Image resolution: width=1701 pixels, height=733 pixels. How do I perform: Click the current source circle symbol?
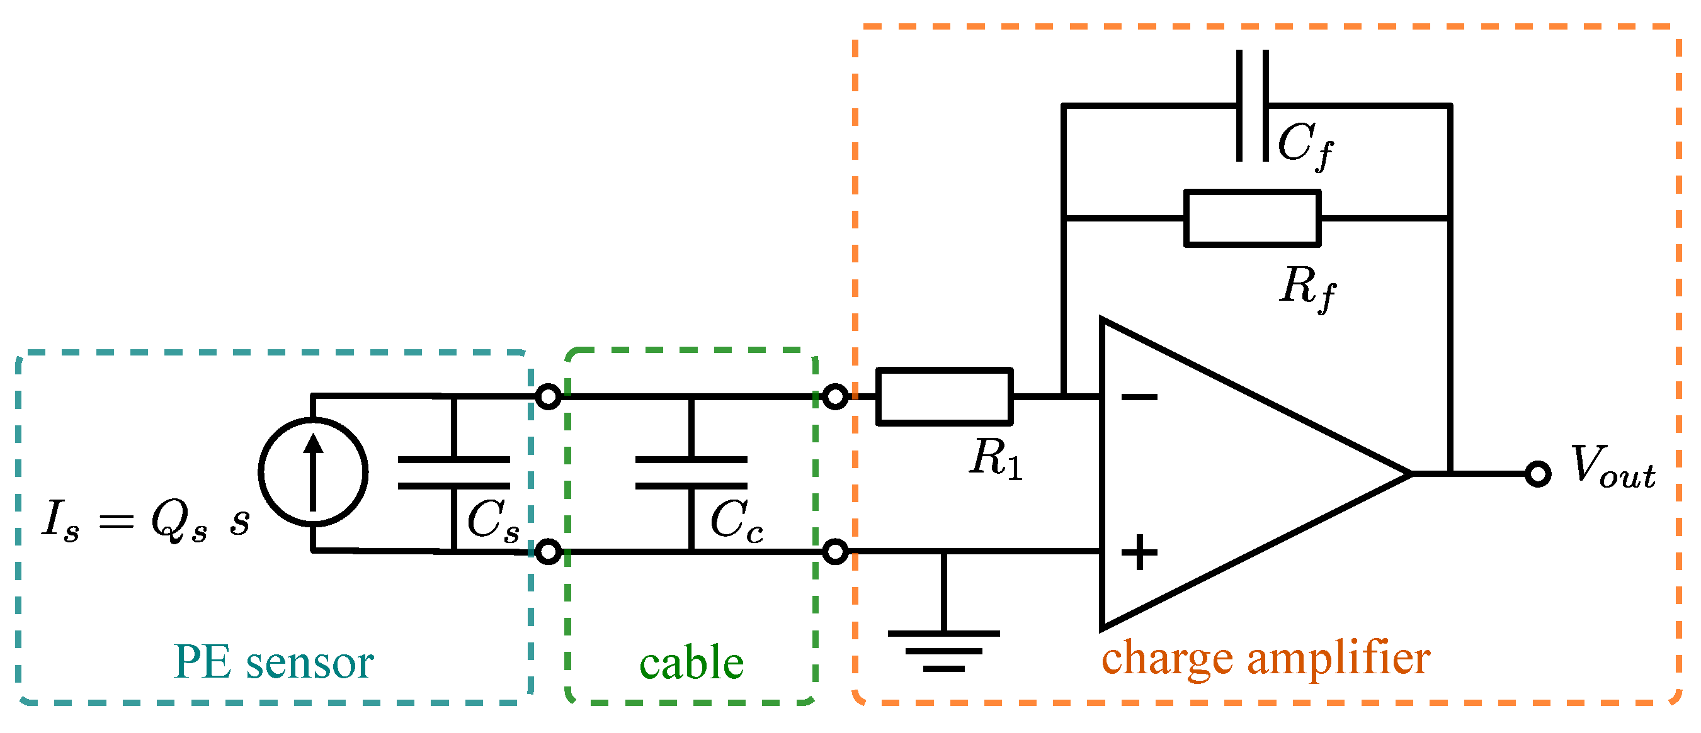[313, 473]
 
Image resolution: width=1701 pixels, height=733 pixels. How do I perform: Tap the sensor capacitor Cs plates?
[453, 473]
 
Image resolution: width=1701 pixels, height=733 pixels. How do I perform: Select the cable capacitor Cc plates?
[691, 473]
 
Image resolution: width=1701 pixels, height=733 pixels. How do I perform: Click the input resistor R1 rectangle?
[944, 396]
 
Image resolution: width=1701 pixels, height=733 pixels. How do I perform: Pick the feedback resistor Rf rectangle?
[1252, 218]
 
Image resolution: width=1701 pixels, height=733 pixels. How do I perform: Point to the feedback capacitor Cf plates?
[1252, 106]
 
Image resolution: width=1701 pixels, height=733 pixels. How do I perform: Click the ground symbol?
[943, 650]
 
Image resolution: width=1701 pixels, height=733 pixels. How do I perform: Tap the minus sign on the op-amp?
[1139, 396]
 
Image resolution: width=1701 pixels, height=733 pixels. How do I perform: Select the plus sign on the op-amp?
[1139, 552]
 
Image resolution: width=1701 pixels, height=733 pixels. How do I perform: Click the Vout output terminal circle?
[1538, 474]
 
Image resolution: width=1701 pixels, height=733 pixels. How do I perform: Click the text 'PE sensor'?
[273, 662]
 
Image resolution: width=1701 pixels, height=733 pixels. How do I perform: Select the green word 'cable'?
[691, 663]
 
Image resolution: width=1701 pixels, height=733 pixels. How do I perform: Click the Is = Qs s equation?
[146, 520]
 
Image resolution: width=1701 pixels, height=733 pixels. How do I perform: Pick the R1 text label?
[996, 459]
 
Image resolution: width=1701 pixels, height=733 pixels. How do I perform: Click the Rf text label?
[1307, 288]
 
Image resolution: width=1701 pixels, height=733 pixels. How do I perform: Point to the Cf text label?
[1306, 145]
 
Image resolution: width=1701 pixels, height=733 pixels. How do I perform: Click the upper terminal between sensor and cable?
[548, 396]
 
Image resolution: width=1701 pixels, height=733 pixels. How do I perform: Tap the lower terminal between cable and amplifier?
[835, 552]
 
